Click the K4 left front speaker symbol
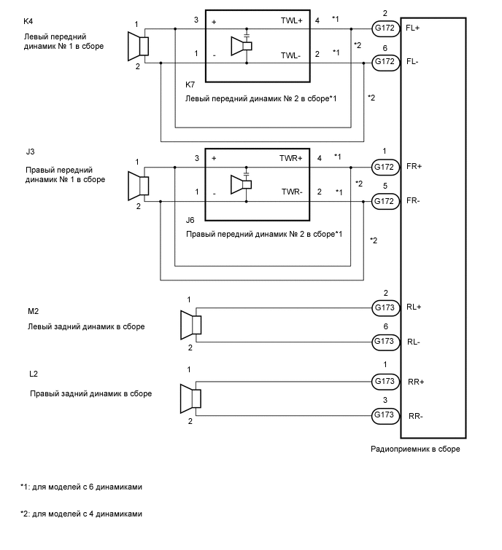[139, 46]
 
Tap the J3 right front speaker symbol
[139, 184]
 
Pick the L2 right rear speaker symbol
[191, 398]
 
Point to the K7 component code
[190, 85]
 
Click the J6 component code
[190, 220]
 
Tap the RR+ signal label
[417, 381]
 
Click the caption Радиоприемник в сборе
[415, 449]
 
